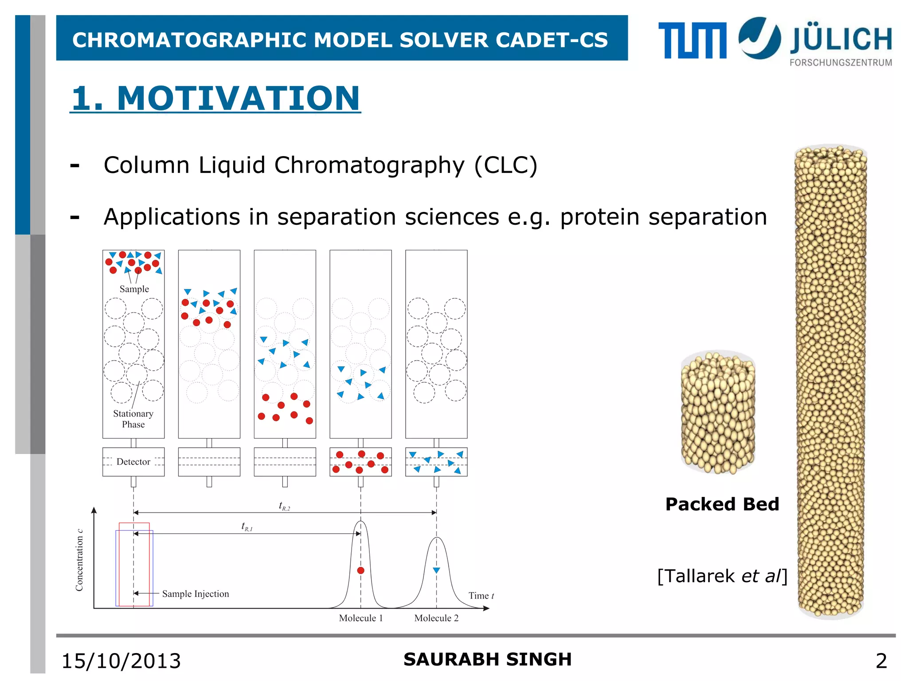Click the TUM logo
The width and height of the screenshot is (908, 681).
tap(692, 40)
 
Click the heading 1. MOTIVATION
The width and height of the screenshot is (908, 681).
tap(215, 98)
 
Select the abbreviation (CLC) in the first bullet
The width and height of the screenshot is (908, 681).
tap(505, 165)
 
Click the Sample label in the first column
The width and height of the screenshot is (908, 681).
tap(134, 289)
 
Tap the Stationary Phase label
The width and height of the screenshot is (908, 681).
tap(133, 419)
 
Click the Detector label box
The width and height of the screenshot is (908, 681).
tap(133, 462)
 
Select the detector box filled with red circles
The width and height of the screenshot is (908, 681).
tap(360, 462)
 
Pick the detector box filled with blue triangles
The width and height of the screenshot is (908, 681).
tap(436, 462)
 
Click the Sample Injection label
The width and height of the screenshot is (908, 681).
tap(195, 594)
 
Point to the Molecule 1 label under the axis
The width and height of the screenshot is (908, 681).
tap(360, 618)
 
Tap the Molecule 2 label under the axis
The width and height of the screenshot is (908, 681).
tap(436, 618)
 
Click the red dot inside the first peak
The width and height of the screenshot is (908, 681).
tap(360, 571)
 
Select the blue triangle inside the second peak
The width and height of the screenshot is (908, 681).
tap(436, 570)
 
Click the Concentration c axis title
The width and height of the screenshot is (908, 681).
tap(79, 560)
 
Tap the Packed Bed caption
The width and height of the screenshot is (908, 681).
tap(722, 504)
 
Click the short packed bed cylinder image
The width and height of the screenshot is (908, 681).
tap(718, 412)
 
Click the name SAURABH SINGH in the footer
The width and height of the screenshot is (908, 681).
tap(487, 659)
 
